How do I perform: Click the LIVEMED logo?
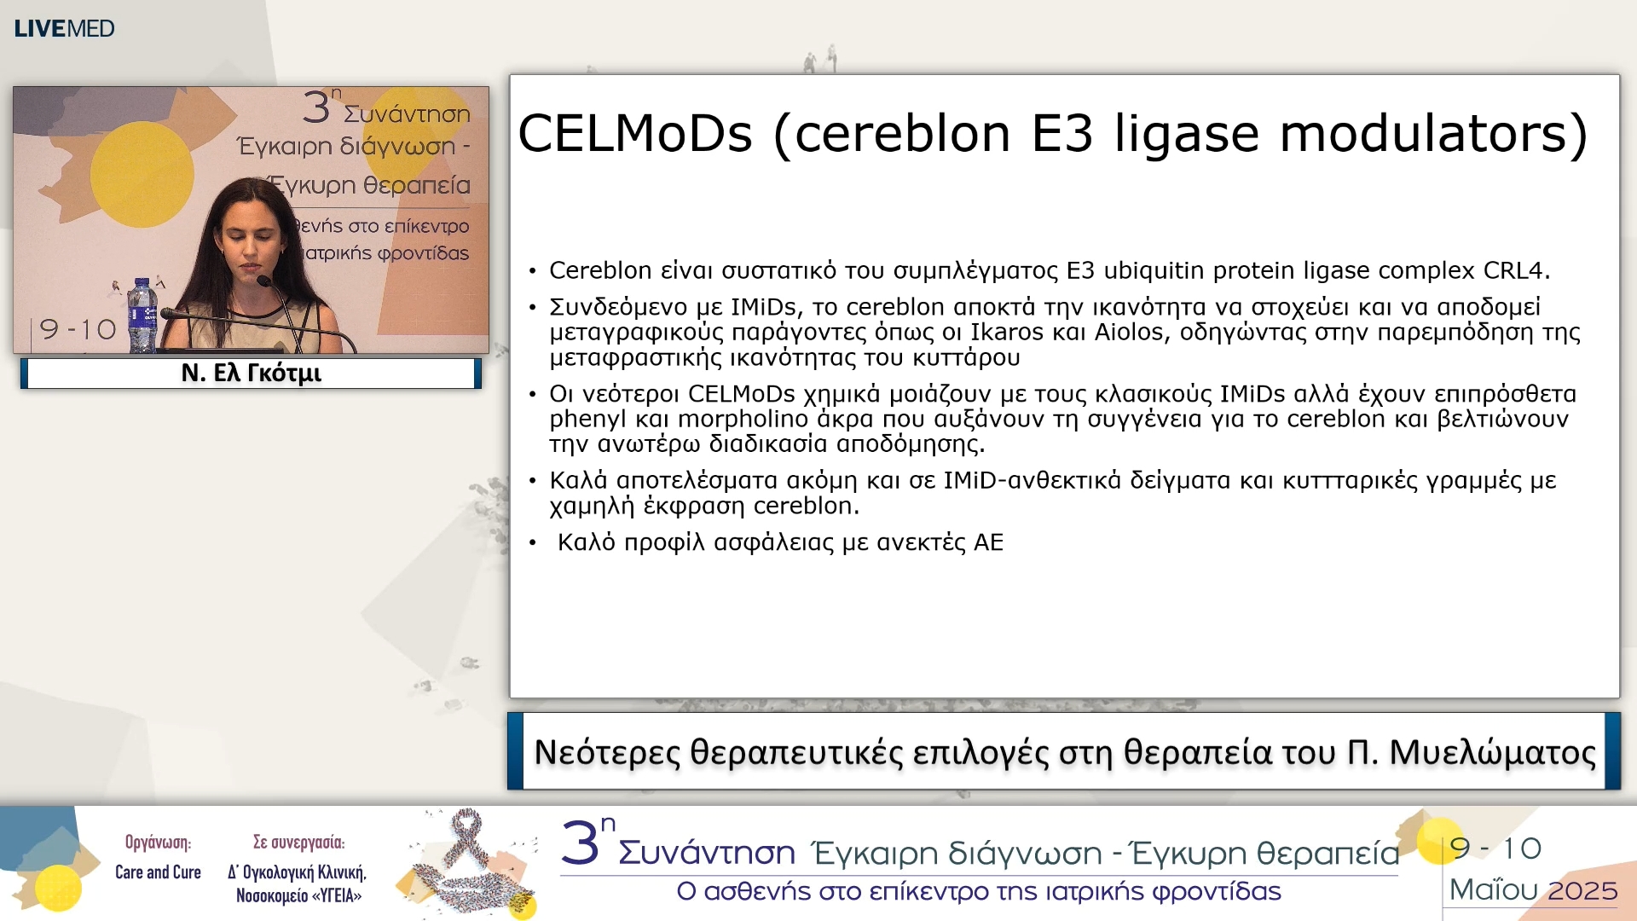pos(64,28)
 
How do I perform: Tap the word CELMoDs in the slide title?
pos(636,134)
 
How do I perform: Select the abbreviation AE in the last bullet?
pos(988,542)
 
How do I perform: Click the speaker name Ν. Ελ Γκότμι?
pos(252,374)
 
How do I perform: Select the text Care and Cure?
pos(158,872)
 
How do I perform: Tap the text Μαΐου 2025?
pos(1533,890)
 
